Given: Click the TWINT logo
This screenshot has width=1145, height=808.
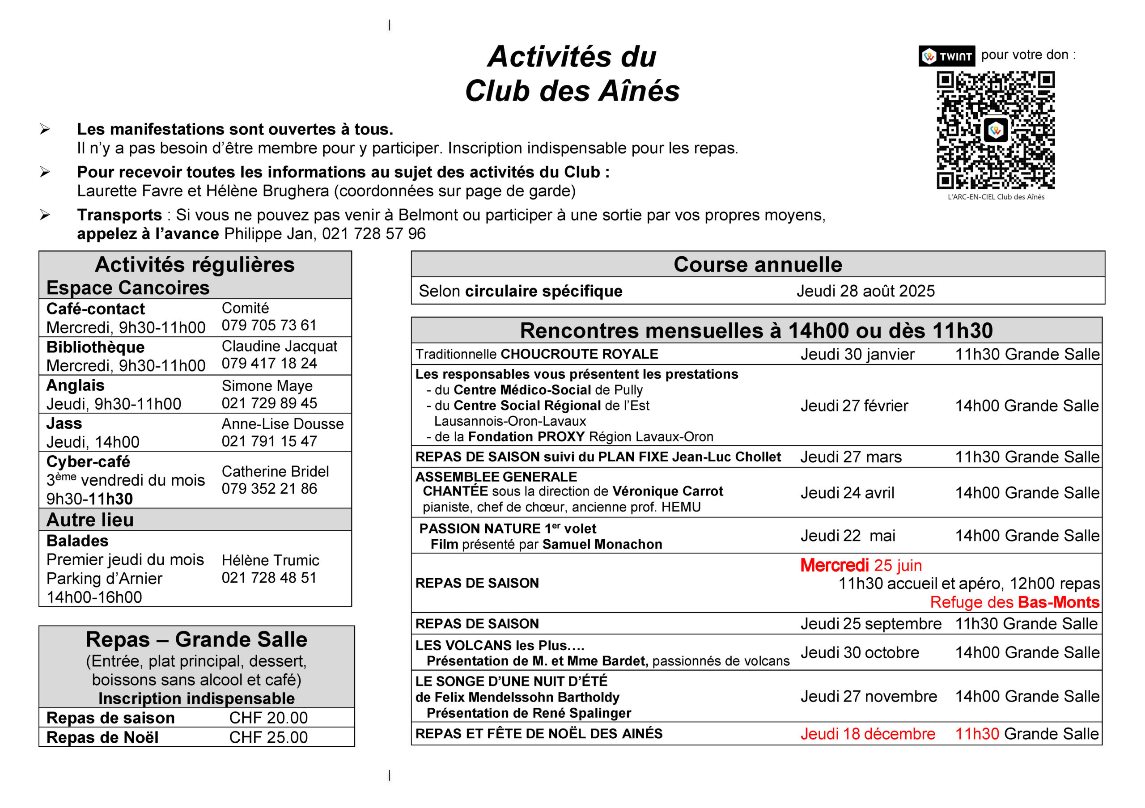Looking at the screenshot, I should pyautogui.click(x=946, y=56).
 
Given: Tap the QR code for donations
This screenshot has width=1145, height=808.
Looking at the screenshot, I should pyautogui.click(x=996, y=130).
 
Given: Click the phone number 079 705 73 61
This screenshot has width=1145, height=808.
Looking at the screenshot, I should pyautogui.click(x=269, y=326).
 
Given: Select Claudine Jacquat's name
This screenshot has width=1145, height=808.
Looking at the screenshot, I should pyautogui.click(x=279, y=346).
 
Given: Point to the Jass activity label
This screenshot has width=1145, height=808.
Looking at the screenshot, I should pyautogui.click(x=64, y=424).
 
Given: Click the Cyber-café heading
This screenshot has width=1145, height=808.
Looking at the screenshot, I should pyautogui.click(x=88, y=461).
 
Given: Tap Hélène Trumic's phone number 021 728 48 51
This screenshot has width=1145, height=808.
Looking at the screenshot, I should pyautogui.click(x=269, y=578).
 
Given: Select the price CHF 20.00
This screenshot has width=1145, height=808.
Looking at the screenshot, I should pyautogui.click(x=268, y=718).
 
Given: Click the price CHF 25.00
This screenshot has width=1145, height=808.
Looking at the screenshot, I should pyautogui.click(x=268, y=737).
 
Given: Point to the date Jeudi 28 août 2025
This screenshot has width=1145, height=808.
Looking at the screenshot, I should pyautogui.click(x=865, y=291).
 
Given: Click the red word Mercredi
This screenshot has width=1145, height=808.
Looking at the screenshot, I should pyautogui.click(x=834, y=565).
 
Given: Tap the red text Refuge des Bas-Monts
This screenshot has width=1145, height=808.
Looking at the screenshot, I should pyautogui.click(x=1014, y=602).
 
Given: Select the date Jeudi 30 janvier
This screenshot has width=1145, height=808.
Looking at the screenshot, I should pyautogui.click(x=857, y=355).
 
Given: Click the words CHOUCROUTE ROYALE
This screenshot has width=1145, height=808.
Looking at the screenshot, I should pyautogui.click(x=579, y=355).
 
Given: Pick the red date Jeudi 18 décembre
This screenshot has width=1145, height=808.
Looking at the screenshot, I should pyautogui.click(x=868, y=734).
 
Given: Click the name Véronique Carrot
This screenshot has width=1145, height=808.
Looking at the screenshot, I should pyautogui.click(x=667, y=491).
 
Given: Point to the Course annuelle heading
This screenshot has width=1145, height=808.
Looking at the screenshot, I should pyautogui.click(x=758, y=265).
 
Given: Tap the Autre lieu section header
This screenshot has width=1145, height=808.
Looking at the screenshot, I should pyautogui.click(x=90, y=520).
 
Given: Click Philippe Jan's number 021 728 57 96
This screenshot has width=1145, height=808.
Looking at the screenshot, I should pyautogui.click(x=373, y=234).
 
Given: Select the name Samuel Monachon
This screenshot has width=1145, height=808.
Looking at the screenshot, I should pyautogui.click(x=602, y=544).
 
